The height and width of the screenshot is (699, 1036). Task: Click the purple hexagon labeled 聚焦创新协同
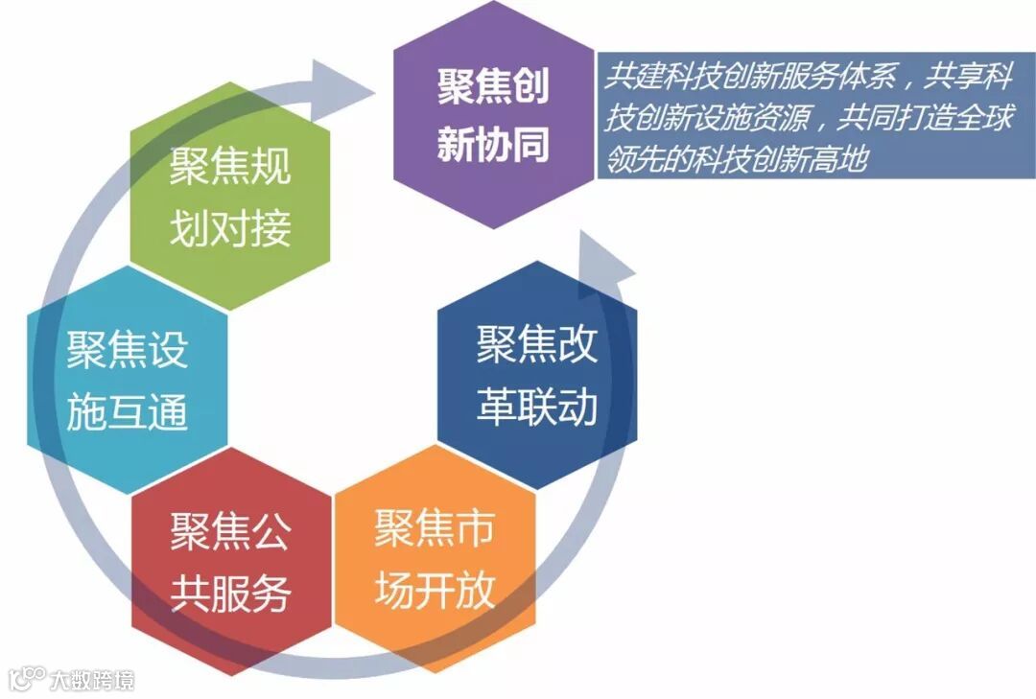click(x=493, y=115)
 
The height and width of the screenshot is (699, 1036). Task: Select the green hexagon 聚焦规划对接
click(x=229, y=197)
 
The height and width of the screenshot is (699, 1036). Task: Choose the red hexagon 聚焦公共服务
click(x=231, y=562)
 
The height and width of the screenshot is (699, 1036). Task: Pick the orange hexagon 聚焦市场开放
click(x=435, y=560)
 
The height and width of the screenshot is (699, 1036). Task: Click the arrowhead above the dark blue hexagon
click(x=602, y=259)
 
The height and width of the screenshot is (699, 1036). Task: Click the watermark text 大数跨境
click(x=92, y=680)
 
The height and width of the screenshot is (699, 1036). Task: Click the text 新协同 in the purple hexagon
click(x=493, y=145)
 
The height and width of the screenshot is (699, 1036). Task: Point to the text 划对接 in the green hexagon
click(x=230, y=229)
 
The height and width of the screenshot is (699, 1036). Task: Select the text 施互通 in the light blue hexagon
click(x=128, y=413)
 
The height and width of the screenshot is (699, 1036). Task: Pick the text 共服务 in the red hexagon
click(x=231, y=594)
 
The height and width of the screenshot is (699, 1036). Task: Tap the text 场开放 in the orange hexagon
click(x=435, y=593)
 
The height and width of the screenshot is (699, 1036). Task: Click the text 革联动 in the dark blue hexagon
click(x=537, y=407)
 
